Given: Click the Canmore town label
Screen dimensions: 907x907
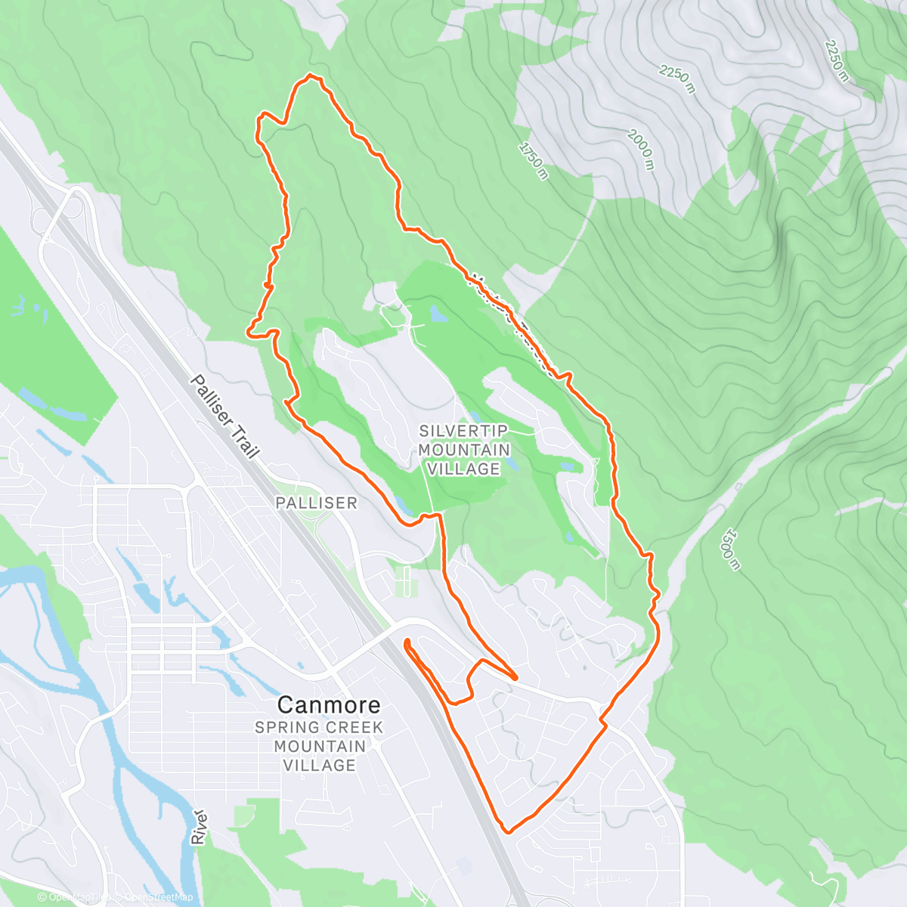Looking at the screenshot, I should point(329,704).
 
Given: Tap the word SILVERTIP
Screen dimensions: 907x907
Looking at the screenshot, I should point(464,431).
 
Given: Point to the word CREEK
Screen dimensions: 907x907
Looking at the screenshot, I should point(354,728).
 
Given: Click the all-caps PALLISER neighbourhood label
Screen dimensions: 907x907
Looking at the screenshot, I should point(316,503).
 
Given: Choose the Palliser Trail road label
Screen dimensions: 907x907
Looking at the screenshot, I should point(224,416).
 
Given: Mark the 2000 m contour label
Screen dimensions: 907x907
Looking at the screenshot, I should point(639,149).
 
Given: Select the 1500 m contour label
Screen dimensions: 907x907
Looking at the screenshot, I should point(729,548).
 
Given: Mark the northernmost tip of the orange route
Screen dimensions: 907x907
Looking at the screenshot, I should point(310,75).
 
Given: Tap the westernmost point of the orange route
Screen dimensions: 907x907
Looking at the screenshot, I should point(249,330).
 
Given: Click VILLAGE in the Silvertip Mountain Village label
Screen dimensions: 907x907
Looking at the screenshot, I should point(464,469).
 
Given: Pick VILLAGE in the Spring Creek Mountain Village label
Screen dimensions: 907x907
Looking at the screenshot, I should point(319,765).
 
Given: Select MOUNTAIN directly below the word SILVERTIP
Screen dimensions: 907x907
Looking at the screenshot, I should point(464,450).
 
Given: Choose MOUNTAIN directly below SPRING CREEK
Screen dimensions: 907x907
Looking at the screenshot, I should point(319,746).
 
